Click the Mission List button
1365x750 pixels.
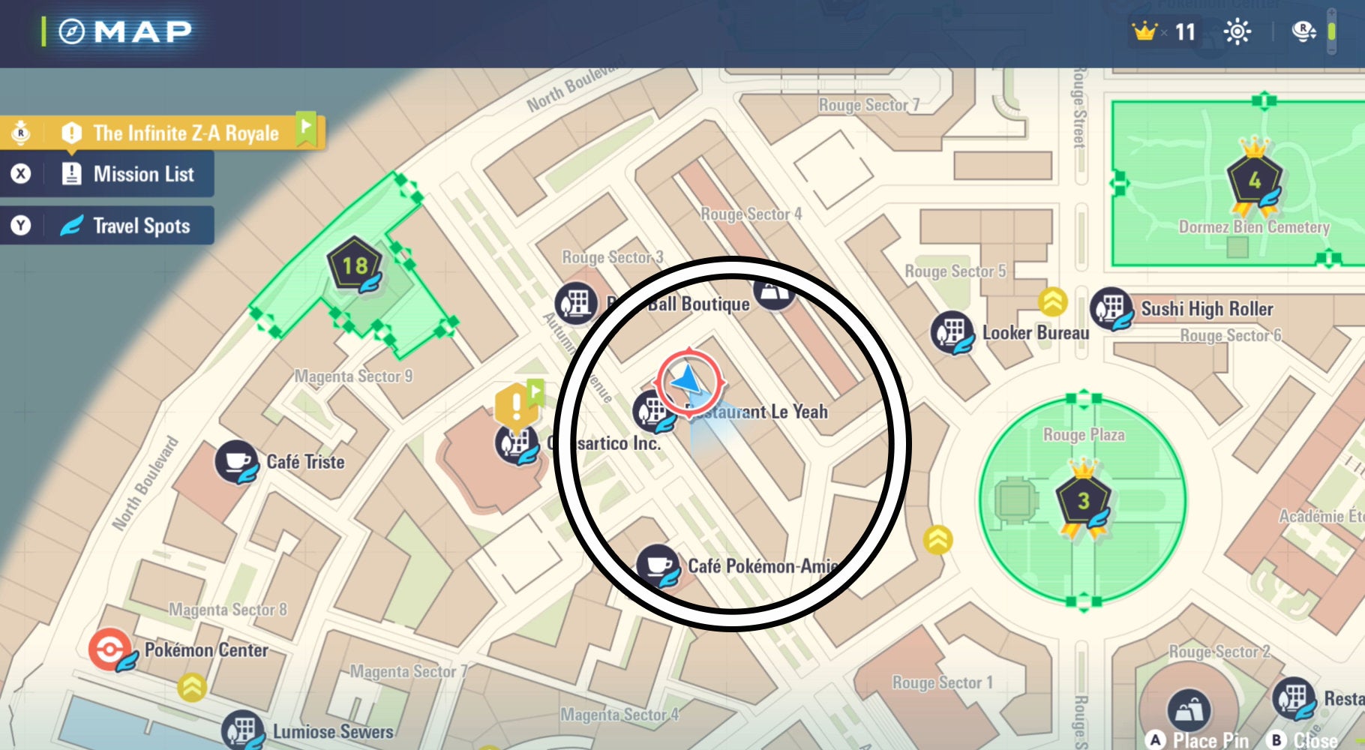tap(142, 174)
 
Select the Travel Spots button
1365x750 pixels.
tap(140, 226)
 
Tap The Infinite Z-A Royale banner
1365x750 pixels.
tap(185, 133)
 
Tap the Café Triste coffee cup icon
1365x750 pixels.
tap(237, 461)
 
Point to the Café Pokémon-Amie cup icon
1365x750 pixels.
tap(658, 565)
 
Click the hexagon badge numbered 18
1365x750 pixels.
tap(355, 265)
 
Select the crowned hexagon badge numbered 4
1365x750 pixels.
tap(1254, 180)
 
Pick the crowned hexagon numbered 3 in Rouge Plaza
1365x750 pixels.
tap(1083, 500)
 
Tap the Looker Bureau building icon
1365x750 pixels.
tap(952, 331)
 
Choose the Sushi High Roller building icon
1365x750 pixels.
tap(1111, 308)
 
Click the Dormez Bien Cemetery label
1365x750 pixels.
tap(1253, 226)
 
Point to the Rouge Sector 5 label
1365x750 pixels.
tap(955, 271)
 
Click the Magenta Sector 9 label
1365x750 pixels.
tap(353, 376)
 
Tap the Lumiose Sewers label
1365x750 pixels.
tap(332, 731)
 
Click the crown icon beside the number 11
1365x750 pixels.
tap(1145, 31)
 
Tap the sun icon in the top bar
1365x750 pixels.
tap(1237, 31)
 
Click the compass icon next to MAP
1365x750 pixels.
tap(72, 31)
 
